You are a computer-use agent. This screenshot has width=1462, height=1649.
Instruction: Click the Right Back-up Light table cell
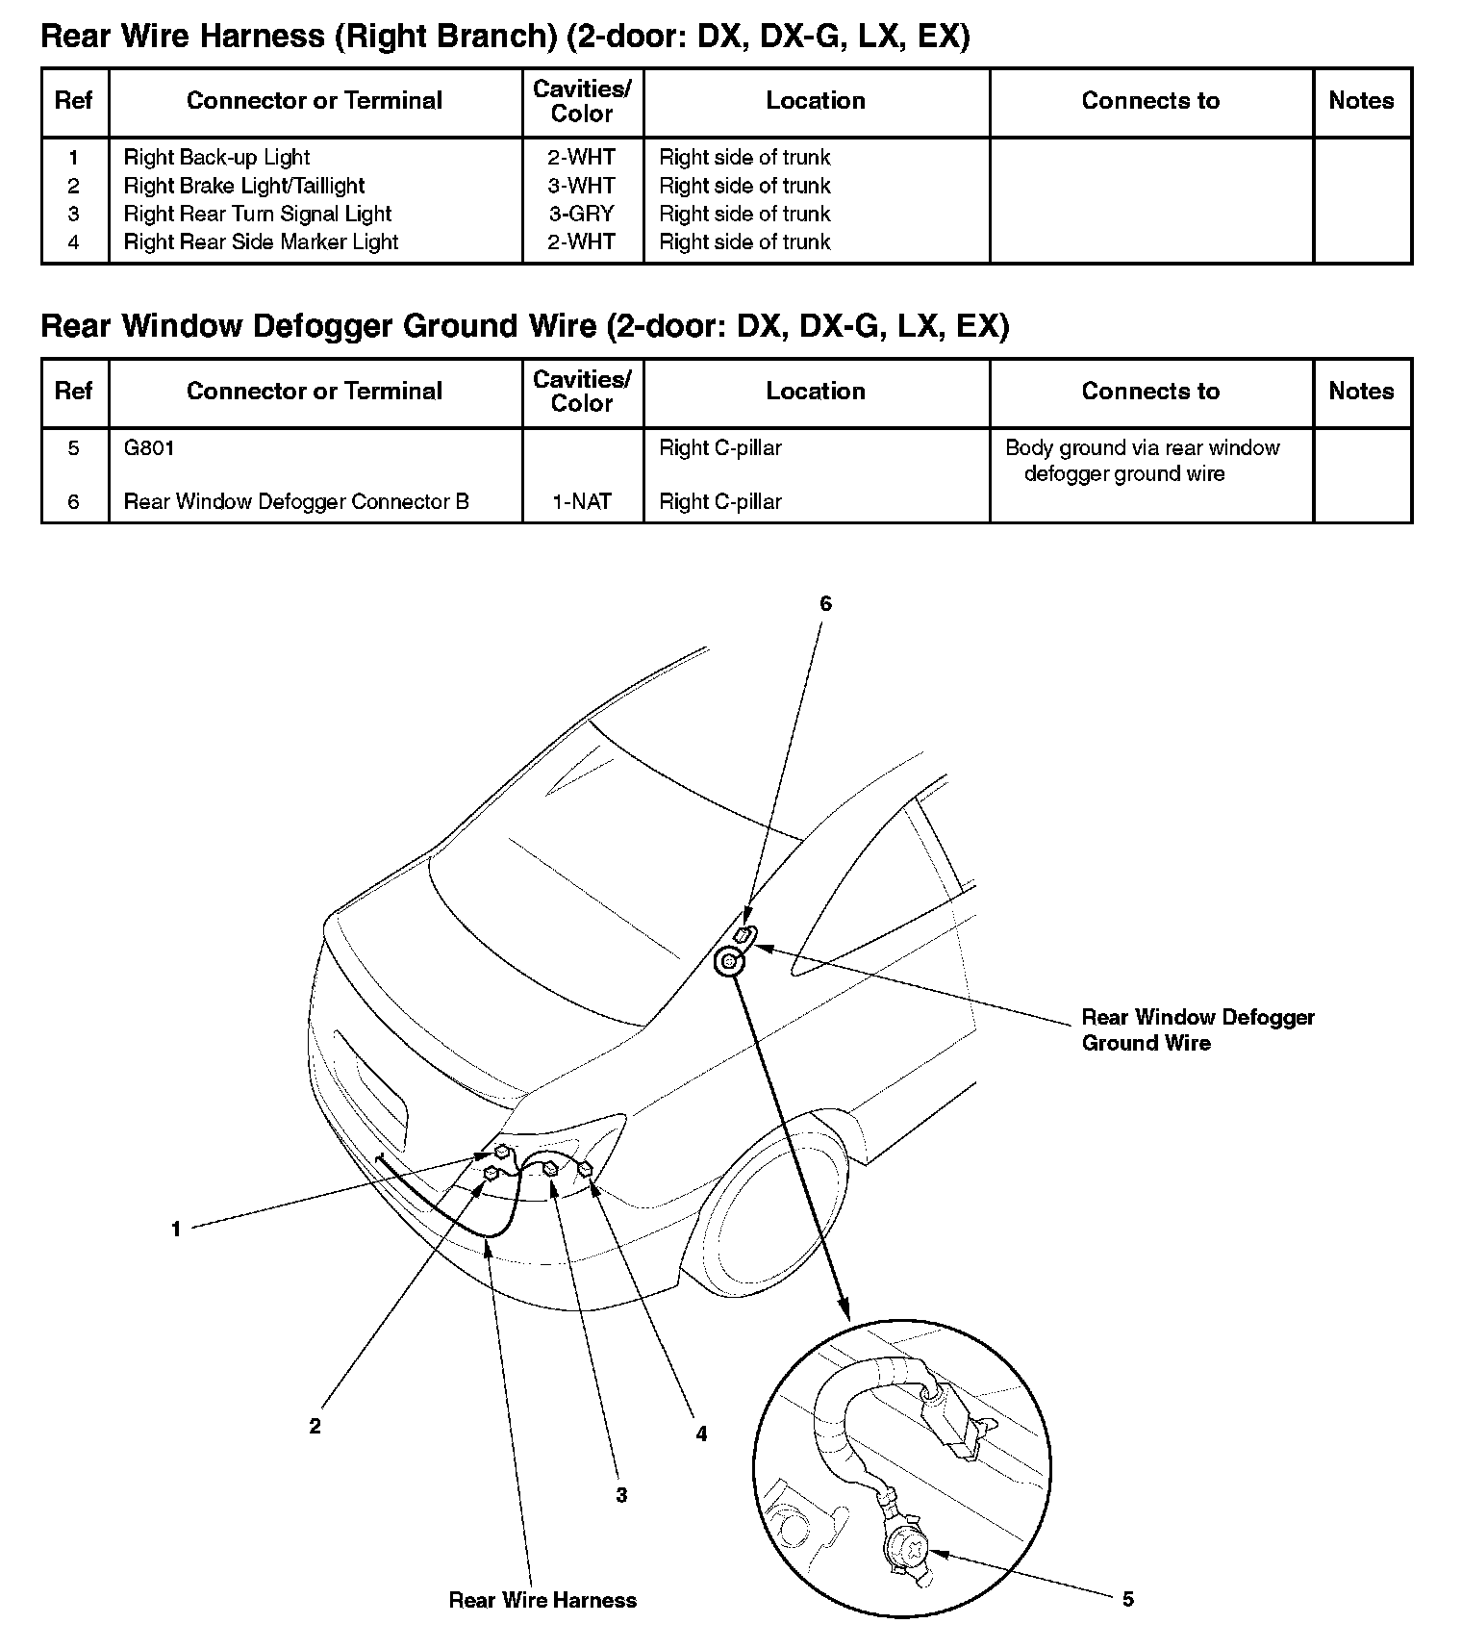click(216, 158)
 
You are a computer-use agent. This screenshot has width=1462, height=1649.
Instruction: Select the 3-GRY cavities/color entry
click(582, 214)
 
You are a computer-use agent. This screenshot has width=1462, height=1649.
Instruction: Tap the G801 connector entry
click(149, 448)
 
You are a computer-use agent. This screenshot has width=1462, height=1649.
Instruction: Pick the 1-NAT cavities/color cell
click(582, 502)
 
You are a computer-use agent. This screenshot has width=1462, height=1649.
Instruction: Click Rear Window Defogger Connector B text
click(296, 502)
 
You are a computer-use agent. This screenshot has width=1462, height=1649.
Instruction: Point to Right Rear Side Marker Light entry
click(261, 242)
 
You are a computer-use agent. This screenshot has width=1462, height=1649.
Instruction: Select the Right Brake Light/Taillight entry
click(244, 186)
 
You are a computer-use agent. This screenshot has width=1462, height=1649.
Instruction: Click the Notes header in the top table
click(1361, 101)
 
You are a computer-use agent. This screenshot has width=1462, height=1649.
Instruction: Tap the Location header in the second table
click(816, 392)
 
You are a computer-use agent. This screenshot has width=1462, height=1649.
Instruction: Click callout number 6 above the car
click(825, 604)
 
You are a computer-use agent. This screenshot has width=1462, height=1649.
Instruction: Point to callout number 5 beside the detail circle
click(1128, 1599)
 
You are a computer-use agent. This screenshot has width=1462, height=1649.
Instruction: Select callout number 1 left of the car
click(176, 1230)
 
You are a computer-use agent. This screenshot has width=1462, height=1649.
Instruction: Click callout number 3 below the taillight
click(621, 1495)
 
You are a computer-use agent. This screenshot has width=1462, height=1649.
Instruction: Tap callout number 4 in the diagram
click(701, 1434)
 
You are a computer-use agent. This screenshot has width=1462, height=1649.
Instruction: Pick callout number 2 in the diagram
click(315, 1427)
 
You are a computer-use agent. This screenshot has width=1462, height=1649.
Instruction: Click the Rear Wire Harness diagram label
click(542, 1600)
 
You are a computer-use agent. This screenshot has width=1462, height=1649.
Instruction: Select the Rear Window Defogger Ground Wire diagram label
click(1197, 1030)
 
